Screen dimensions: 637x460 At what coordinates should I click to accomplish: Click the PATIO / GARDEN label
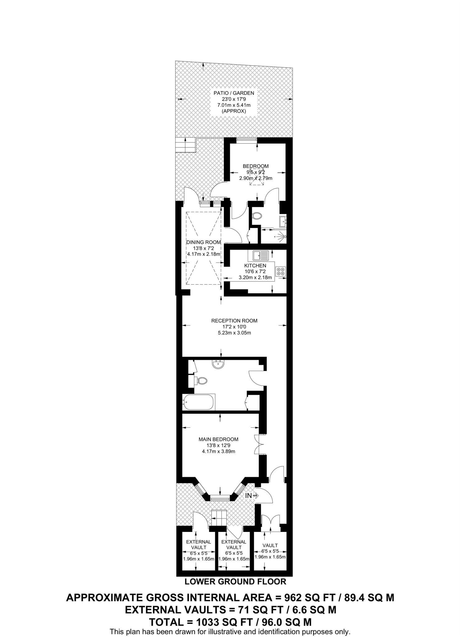234,93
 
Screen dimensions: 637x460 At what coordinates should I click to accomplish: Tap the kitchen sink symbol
260,256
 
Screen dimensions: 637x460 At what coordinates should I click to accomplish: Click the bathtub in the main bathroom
198,402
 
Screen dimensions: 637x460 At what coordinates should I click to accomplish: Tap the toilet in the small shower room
257,216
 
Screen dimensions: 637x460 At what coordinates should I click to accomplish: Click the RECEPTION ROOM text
234,321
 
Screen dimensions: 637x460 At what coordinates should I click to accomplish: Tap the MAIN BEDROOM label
218,439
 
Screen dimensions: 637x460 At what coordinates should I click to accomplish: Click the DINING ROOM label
203,242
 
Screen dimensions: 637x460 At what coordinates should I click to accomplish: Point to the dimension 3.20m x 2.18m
255,277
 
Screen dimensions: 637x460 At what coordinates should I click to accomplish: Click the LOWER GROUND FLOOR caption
235,581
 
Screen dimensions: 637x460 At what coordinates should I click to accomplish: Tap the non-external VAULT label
270,545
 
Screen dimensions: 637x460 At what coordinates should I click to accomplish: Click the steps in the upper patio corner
185,145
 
